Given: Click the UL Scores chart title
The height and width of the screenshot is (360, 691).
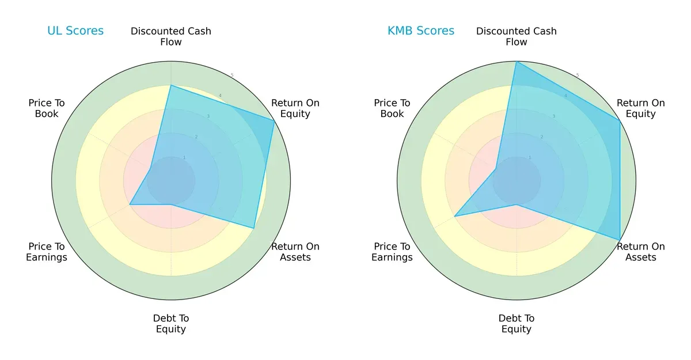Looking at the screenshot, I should click(x=75, y=31).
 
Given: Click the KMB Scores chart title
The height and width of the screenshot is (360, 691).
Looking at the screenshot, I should click(x=421, y=31).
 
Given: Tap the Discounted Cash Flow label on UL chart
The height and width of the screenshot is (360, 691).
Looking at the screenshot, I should click(x=171, y=36).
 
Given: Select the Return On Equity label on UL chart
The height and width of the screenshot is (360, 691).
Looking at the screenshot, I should click(x=295, y=108).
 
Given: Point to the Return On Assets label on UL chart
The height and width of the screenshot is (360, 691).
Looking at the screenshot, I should click(x=295, y=252).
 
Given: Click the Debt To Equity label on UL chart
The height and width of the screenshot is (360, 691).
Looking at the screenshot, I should click(x=171, y=324).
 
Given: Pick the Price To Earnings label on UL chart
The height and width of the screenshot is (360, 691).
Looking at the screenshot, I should click(x=47, y=252).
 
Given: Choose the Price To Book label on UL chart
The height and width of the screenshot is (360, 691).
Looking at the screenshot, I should click(x=47, y=108).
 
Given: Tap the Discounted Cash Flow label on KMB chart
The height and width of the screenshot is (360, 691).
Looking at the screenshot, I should click(x=517, y=36).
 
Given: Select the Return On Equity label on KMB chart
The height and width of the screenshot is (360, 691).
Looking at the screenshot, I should click(x=641, y=108).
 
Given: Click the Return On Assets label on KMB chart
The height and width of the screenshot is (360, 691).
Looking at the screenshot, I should click(x=641, y=252).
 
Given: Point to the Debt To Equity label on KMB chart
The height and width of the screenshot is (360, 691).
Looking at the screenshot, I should click(x=517, y=324).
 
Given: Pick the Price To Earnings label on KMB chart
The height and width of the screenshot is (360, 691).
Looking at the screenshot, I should click(x=392, y=252).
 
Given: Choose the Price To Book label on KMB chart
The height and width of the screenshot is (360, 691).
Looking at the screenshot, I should click(x=392, y=108).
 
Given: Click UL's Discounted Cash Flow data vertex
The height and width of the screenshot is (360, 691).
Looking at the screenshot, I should click(x=171, y=85).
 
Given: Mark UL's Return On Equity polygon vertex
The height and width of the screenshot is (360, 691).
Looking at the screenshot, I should click(x=274, y=120).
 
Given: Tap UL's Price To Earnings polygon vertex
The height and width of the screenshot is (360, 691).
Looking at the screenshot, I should click(x=130, y=204).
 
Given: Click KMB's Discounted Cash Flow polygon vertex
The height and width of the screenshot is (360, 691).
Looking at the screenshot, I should click(x=517, y=62).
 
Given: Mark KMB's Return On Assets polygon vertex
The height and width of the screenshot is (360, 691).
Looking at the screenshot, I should click(x=620, y=240).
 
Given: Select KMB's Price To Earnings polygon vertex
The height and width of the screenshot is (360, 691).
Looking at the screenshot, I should click(x=455, y=216).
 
